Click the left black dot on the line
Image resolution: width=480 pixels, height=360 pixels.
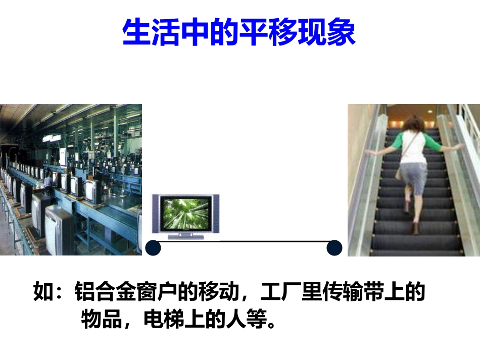153,248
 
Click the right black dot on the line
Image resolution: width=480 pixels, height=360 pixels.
334,248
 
